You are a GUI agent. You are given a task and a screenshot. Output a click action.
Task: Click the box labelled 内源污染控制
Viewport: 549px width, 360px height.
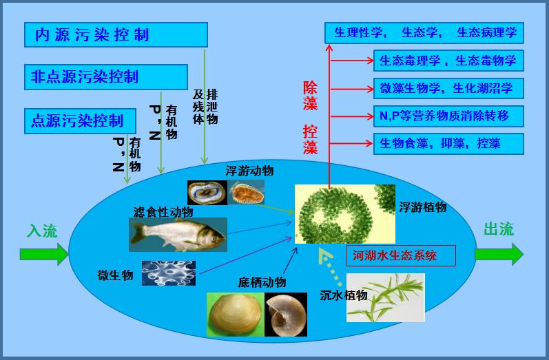point(116,34)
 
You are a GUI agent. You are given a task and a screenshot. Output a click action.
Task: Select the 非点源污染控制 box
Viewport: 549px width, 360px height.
point(106,77)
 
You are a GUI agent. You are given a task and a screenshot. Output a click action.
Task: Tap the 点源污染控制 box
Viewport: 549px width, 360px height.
point(80,121)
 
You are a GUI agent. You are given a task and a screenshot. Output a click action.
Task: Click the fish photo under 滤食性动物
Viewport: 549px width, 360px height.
point(178,235)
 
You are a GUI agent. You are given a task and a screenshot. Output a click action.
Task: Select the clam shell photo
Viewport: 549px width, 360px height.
point(236,315)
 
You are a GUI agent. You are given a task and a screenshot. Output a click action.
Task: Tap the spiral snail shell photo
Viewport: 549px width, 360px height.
point(286,315)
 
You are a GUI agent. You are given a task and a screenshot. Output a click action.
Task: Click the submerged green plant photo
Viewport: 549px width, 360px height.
point(386,298)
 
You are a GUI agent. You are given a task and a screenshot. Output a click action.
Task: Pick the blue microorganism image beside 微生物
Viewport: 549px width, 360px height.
point(169,273)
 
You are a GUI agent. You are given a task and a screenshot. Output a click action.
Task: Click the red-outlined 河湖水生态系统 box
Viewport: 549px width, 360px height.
point(401,256)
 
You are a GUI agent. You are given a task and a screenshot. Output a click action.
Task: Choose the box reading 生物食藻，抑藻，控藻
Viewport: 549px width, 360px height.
point(448,144)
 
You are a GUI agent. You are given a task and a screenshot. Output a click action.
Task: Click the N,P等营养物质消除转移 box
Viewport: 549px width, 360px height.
point(448,116)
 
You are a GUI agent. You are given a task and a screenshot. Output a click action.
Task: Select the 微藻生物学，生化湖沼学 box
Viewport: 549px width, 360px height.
point(448,89)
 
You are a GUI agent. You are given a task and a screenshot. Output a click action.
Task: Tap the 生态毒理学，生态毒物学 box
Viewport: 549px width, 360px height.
point(448,61)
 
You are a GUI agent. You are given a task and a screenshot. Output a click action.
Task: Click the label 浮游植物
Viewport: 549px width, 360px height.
point(423,207)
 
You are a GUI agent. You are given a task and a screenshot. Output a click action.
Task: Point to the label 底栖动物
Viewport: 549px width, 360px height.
point(262,282)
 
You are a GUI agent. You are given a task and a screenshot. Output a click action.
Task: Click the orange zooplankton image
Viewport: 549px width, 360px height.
point(246,193)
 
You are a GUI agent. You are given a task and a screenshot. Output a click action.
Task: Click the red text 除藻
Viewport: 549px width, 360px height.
point(310,96)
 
